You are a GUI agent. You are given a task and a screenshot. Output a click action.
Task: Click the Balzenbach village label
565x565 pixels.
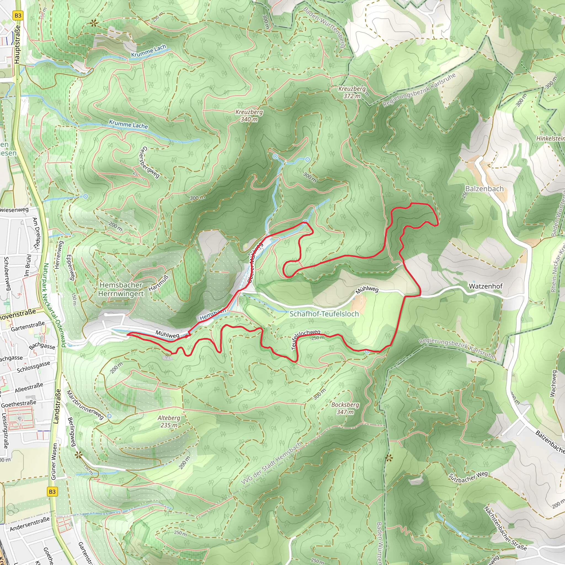point(484,189)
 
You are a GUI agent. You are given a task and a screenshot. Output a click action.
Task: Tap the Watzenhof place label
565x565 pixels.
point(486,286)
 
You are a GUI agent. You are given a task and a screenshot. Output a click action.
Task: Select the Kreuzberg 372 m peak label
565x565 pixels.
point(352,92)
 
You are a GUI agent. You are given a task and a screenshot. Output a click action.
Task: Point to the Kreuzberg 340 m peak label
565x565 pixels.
point(249,116)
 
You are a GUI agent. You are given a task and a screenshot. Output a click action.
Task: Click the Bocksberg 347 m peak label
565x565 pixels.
point(345,408)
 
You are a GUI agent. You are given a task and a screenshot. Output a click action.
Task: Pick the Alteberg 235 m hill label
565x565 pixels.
point(169,422)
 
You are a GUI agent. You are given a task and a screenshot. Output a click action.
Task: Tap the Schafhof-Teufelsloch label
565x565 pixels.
point(324,314)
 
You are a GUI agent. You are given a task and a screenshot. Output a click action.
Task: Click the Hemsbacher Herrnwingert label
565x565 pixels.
point(121,289)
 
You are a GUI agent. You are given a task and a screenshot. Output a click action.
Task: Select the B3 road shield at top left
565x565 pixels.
point(18,15)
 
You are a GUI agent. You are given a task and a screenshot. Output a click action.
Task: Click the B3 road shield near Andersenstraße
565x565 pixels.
point(52,492)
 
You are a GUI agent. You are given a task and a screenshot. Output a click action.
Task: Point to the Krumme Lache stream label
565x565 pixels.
point(128,124)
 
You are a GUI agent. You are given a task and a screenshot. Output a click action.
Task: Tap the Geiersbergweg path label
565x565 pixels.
point(150,162)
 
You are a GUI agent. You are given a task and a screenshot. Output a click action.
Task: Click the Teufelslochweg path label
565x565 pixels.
point(306,339)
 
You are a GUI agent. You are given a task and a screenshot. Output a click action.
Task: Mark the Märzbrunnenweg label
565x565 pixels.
point(85,405)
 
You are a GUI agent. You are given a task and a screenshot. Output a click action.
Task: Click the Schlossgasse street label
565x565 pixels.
point(33,367)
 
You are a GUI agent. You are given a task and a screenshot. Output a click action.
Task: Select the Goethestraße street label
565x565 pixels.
point(19,404)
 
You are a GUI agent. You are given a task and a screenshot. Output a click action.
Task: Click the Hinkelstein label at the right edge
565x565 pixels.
point(550,138)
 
